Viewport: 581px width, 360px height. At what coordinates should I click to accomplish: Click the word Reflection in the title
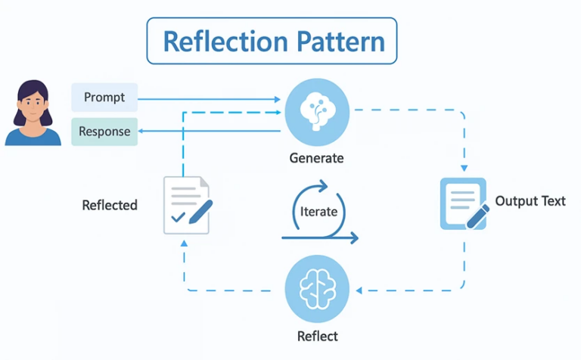tap(213, 41)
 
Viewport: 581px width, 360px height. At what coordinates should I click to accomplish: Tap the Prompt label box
tap(104, 98)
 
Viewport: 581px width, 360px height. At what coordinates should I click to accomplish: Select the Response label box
tap(104, 132)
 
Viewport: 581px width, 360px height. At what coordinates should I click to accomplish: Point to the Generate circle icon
tap(316, 111)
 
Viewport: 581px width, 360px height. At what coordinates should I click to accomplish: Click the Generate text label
tap(316, 159)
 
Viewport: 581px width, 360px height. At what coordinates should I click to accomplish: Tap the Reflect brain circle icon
tap(316, 289)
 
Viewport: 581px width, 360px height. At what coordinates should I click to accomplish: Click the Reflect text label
tap(317, 336)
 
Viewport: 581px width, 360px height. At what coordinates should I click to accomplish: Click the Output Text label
tap(530, 201)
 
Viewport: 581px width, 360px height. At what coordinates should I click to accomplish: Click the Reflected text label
tap(110, 205)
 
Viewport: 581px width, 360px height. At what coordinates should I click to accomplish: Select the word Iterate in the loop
tap(318, 211)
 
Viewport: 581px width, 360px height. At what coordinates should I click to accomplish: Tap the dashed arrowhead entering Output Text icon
tap(464, 169)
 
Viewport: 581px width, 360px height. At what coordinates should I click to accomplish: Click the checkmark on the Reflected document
tap(179, 219)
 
